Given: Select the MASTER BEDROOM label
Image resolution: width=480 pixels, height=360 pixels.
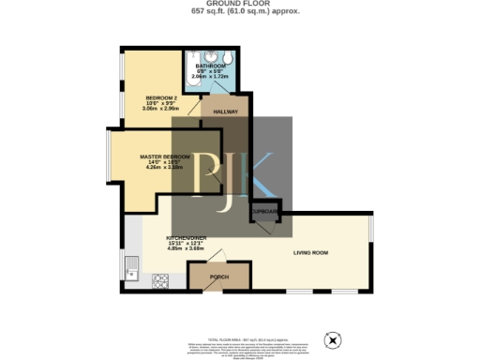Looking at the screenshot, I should click(164, 156).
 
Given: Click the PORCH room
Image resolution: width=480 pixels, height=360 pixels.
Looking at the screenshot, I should click(218, 277).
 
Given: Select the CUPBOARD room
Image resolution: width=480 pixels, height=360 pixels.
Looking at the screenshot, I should click(264, 214).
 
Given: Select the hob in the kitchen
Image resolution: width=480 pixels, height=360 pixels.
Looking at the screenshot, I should click(159, 278).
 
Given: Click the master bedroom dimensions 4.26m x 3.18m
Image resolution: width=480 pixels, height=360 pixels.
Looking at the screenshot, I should click(164, 168).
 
